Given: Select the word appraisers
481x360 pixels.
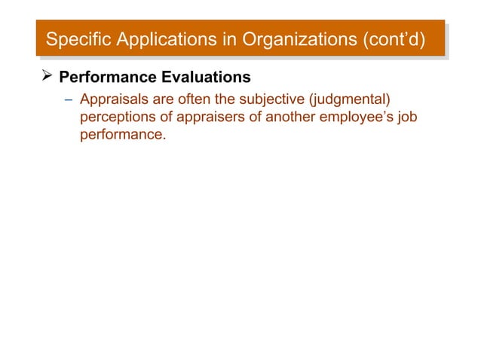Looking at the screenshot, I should (x=212, y=118).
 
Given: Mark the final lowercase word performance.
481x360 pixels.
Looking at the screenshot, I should (x=122, y=137).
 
